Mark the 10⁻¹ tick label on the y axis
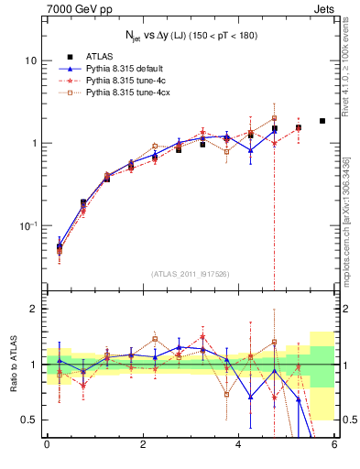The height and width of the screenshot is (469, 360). click(x=27, y=226)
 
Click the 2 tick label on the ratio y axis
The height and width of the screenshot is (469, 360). click(x=34, y=310)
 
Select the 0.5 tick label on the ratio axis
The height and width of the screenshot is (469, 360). click(x=28, y=420)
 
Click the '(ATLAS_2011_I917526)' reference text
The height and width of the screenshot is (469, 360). click(x=191, y=273)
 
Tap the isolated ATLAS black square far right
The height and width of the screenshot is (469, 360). click(x=322, y=121)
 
